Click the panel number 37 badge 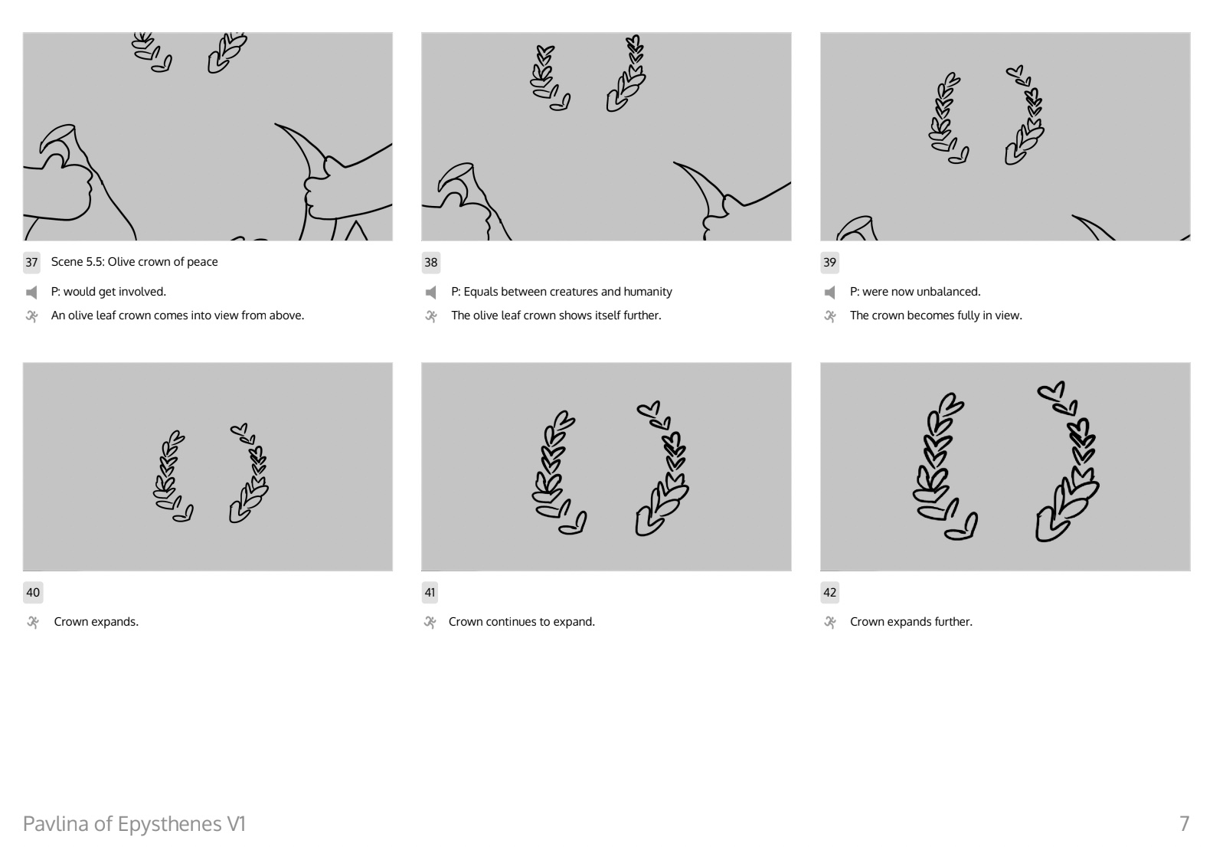click(x=31, y=263)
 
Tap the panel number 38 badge click(x=430, y=263)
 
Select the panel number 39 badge click(x=829, y=263)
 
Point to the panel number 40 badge click(x=32, y=593)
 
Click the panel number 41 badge click(x=430, y=593)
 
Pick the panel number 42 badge click(x=829, y=593)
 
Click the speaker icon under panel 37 click(x=32, y=293)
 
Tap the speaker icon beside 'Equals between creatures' click(x=431, y=293)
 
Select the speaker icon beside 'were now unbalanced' click(x=829, y=293)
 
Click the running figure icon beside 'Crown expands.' click(x=32, y=623)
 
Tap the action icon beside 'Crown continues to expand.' click(x=430, y=623)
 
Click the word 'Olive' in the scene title click(x=121, y=262)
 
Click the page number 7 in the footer click(x=1185, y=824)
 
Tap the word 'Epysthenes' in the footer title click(x=169, y=824)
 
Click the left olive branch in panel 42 click(x=941, y=466)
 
